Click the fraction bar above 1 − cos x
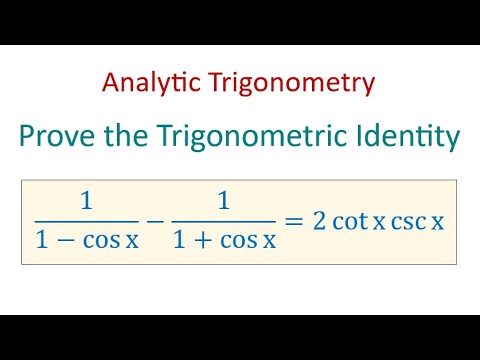click(x=87, y=220)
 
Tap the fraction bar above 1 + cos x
click(x=224, y=220)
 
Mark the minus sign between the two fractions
click(x=155, y=220)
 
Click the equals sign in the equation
click(x=294, y=220)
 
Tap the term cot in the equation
click(x=351, y=220)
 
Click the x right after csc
click(x=437, y=222)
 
